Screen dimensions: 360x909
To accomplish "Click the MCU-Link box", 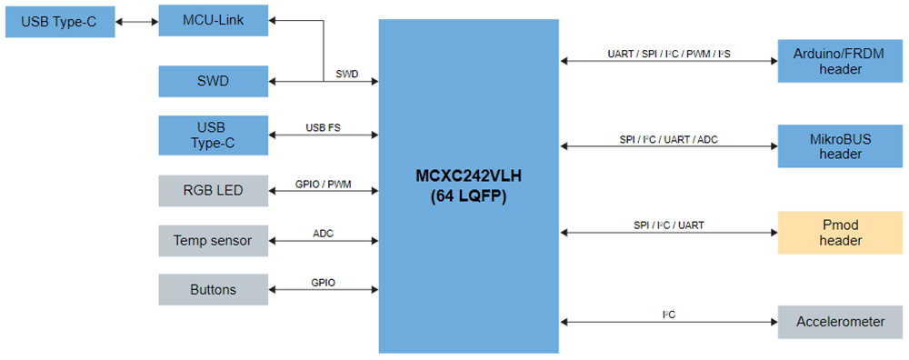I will click(x=214, y=19).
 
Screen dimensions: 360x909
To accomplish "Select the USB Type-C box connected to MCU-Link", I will click(x=60, y=21).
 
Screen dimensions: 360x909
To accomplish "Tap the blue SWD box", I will click(x=214, y=82).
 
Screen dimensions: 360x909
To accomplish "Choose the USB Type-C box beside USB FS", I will click(x=214, y=135).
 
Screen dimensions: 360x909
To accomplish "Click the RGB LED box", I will click(x=214, y=190).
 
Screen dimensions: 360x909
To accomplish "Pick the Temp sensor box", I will click(x=214, y=241).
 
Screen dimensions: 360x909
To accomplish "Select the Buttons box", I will click(x=214, y=290).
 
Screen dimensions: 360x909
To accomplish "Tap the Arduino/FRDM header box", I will click(x=840, y=61).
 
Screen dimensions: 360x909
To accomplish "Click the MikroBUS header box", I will click(x=840, y=146).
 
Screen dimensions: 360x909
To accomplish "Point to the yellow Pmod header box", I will click(x=840, y=233).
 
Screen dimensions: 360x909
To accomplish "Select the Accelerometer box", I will click(x=840, y=322).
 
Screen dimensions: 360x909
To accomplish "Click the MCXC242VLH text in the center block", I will click(x=468, y=174).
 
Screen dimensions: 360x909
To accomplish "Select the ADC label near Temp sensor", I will click(x=323, y=233).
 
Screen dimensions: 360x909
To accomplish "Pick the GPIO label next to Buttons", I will click(x=323, y=283).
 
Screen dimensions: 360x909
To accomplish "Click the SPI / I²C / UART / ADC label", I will click(x=668, y=139).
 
